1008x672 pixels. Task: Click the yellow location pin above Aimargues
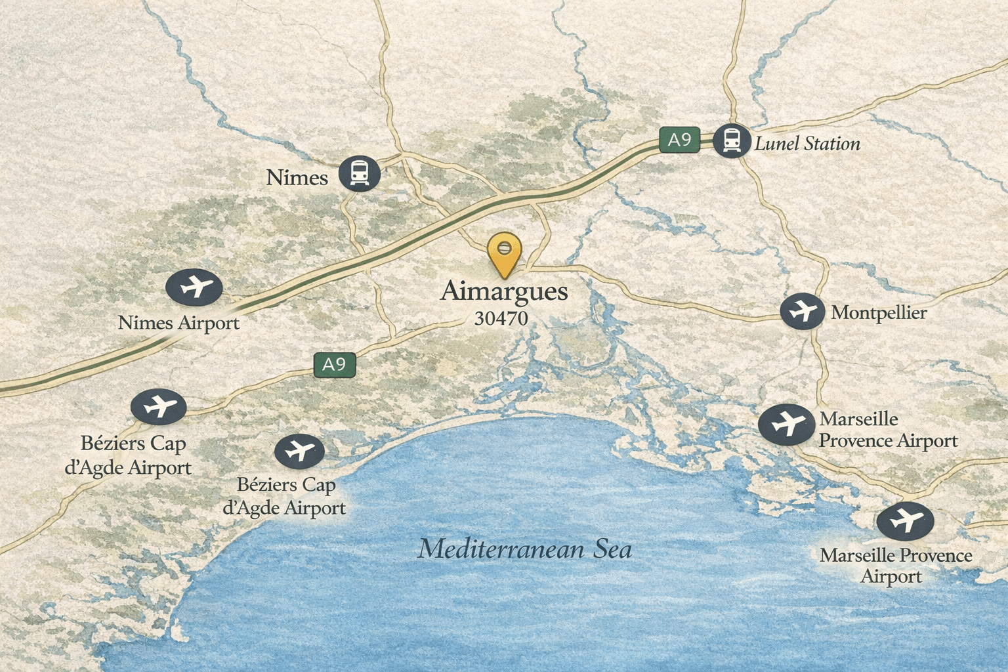pos(504,253)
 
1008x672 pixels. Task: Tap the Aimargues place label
pos(504,291)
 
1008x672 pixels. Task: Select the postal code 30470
pos(501,318)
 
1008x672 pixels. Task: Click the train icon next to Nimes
pos(360,173)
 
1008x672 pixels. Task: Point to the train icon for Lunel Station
pos(732,140)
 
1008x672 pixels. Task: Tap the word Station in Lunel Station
pos(832,144)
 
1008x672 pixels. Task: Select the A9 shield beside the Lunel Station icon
pos(679,140)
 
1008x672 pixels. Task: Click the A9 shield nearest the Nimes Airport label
pos(334,365)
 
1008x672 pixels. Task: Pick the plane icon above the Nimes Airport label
pos(194,287)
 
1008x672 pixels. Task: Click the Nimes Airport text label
pos(178,323)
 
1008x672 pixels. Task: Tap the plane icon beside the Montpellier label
pos(802,310)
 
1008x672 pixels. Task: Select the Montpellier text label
pos(879,312)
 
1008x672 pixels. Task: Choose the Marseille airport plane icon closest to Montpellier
pos(786,425)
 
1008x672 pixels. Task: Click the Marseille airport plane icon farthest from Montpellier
pos(905,521)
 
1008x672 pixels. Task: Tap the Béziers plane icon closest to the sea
pos(299,451)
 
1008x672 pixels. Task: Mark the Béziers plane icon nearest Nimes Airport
pos(158,406)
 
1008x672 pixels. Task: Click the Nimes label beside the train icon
pos(297,177)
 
